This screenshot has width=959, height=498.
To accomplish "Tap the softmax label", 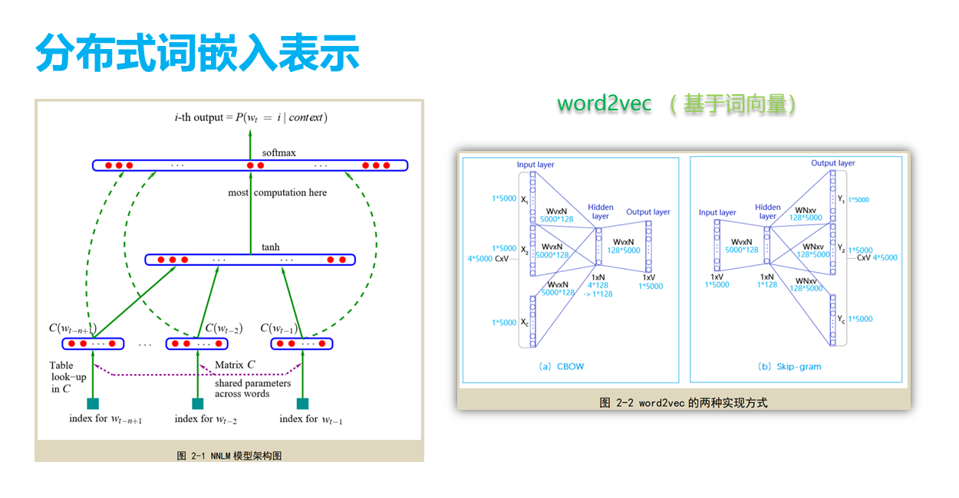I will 278,152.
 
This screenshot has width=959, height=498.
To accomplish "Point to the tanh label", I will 270,247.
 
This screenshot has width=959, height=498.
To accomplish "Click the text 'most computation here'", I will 277,192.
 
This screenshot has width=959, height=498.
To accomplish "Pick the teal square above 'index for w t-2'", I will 197,404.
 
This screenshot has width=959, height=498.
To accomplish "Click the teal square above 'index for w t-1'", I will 302,404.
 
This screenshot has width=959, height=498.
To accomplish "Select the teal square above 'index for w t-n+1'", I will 93,404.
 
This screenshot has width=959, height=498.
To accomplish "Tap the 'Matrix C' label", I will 235,365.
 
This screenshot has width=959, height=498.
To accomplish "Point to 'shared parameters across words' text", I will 252,388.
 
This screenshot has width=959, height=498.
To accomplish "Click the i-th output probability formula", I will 251,117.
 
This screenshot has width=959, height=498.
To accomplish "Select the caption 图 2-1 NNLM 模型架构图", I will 229,455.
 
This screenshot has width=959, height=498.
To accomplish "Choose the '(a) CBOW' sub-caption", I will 562,366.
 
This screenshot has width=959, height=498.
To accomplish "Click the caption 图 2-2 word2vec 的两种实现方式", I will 684,402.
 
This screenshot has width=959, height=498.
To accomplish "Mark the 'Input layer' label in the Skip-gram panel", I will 717,212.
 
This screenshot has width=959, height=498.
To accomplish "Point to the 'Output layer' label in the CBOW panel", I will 648,212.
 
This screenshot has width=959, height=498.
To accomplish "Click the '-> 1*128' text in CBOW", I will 598,293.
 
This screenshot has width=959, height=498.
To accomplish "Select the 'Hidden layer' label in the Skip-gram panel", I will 768,211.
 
